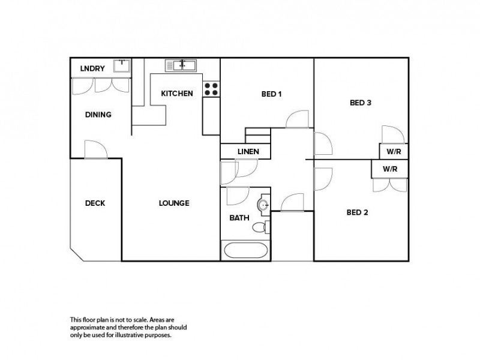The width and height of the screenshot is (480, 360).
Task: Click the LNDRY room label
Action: [x=92, y=68]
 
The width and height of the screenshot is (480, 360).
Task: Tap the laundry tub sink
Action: [x=122, y=66]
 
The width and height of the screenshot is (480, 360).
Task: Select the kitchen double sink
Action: [x=181, y=65]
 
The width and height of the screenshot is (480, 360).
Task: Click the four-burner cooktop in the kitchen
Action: [x=211, y=89]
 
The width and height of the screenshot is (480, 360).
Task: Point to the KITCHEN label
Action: [x=177, y=94]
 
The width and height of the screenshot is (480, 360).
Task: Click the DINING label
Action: [x=98, y=115]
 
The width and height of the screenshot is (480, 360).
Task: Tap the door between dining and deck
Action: [x=96, y=149]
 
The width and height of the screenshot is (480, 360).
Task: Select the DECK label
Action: [x=95, y=203]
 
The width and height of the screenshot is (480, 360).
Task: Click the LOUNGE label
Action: [x=174, y=203]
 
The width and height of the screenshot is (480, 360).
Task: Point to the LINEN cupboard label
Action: [x=248, y=152]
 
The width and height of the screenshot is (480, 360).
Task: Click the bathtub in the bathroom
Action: [x=245, y=250]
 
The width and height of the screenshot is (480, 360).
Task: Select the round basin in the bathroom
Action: [x=263, y=205]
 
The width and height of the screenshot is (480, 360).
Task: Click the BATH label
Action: [x=239, y=218]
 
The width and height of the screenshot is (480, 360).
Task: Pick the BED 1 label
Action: [x=272, y=94]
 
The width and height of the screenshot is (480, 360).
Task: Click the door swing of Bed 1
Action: [x=297, y=119]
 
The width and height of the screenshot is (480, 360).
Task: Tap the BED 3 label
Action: [x=361, y=103]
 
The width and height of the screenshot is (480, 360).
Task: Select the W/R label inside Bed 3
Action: [x=394, y=152]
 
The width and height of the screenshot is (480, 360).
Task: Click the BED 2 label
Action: [x=357, y=212]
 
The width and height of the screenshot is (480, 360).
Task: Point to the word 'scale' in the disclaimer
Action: [x=142, y=320]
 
